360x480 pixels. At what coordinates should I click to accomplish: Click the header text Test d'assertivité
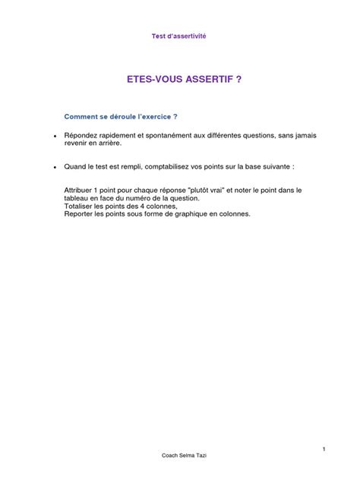pos(179,36)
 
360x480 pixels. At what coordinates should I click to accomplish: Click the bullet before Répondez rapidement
pos(55,137)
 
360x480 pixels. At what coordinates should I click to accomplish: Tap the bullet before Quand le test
pos(55,166)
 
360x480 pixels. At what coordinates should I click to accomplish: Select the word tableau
pos(77,198)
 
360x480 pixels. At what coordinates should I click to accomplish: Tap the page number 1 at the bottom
pos(324,449)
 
